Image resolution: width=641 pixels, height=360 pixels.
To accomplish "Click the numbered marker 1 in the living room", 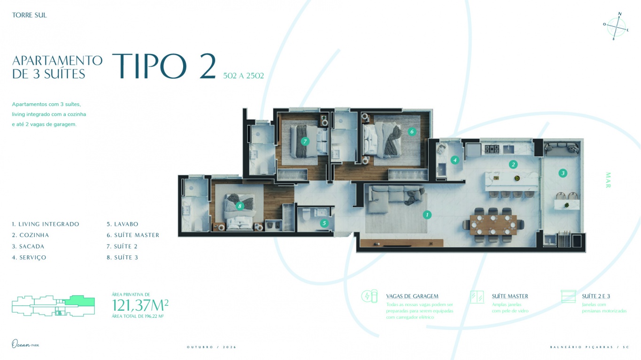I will (x=427, y=215).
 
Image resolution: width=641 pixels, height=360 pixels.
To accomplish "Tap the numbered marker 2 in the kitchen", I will (x=513, y=164).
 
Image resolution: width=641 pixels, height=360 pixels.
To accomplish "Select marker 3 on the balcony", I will (x=563, y=173).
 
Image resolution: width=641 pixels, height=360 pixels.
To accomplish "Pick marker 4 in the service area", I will (x=455, y=160).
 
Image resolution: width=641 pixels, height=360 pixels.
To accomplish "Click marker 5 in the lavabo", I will (x=324, y=223).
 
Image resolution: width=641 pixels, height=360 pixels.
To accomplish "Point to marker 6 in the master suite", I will (x=412, y=131).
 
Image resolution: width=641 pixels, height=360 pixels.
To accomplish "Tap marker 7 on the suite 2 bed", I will (x=305, y=141).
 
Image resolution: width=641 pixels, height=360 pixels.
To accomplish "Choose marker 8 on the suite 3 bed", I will (x=239, y=206).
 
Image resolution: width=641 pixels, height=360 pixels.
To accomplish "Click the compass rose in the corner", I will (x=616, y=27).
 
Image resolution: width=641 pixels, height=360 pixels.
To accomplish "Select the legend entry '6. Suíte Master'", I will (x=133, y=235).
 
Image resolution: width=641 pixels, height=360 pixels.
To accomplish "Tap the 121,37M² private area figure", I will (x=140, y=306).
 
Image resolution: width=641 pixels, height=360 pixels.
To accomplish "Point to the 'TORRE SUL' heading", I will (x=30, y=15).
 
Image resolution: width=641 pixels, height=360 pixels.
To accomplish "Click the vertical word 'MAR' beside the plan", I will (x=608, y=180).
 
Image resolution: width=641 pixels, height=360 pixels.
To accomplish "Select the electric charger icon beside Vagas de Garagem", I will (x=369, y=297).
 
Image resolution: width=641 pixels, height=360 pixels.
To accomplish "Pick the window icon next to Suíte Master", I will (x=477, y=297).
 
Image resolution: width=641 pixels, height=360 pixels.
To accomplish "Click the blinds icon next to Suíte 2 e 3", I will (x=568, y=297).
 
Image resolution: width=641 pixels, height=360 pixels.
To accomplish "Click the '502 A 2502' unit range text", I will (x=243, y=76).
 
